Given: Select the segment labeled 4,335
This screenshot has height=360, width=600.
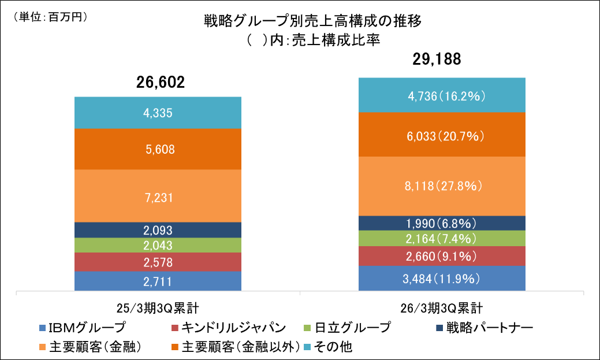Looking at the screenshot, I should (158, 113).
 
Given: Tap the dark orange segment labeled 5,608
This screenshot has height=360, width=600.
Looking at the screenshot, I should (158, 149).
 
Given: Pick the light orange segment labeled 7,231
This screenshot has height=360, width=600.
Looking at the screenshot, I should (158, 196).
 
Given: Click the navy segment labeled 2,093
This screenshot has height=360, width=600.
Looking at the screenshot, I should (158, 230).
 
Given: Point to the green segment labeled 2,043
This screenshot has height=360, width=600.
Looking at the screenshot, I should (158, 246).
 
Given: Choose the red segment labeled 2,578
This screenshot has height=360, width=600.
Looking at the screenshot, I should (158, 262).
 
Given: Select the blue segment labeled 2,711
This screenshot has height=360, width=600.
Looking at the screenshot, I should (158, 281).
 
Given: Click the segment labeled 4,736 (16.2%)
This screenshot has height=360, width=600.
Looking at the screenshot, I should (442, 95).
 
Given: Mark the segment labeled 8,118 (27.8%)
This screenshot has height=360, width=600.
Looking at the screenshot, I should (442, 186).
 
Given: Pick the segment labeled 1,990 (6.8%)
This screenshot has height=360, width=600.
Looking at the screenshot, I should (442, 224).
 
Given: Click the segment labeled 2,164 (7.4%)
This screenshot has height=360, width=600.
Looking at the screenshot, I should (442, 239).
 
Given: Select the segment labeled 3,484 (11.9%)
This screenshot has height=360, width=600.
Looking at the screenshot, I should (442, 279).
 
